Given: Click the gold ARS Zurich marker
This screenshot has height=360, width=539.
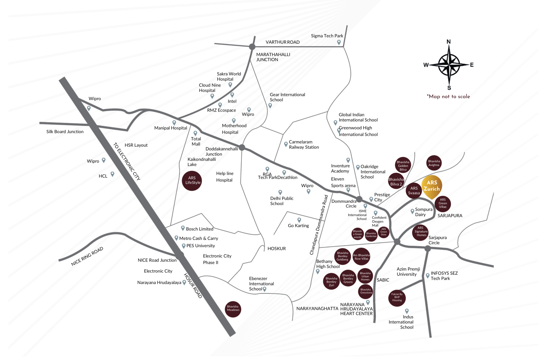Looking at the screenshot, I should tap(432, 187).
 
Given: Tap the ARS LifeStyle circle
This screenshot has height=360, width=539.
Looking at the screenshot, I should tap(192, 180).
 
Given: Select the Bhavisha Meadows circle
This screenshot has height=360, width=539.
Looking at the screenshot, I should tap(233, 309).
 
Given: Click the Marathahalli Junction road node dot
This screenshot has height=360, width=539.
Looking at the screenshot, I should tap(252, 47).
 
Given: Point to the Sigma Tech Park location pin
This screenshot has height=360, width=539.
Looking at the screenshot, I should tap(339, 42).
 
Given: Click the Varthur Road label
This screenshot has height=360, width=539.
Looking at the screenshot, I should tap(282, 42).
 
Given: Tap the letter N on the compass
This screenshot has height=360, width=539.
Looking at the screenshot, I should tap(448, 42).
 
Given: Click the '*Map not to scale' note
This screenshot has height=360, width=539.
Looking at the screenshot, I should tap(448, 97).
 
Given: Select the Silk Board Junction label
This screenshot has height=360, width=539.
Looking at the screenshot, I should tap(65, 132).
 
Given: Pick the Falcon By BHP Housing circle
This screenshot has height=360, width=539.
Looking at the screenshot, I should tap(397, 297).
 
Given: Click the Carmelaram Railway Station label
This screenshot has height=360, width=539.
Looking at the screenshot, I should tap(303, 145).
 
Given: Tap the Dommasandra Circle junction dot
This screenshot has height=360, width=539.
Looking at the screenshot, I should tap(359, 199).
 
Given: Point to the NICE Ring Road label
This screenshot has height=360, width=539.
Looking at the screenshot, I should tap(87, 256).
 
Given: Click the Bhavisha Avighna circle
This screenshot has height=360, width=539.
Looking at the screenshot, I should tap(434, 163).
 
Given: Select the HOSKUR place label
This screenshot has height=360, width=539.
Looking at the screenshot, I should tap(277, 249).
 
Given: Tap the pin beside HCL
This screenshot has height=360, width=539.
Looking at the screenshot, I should tap(112, 174).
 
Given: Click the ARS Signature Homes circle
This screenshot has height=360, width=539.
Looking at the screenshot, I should tap(421, 232).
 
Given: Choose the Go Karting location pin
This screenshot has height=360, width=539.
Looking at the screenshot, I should tap(299, 220).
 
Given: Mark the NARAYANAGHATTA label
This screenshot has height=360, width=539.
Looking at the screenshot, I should tap(317, 309).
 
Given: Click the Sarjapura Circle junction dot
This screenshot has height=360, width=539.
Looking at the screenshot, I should tap(428, 248).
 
